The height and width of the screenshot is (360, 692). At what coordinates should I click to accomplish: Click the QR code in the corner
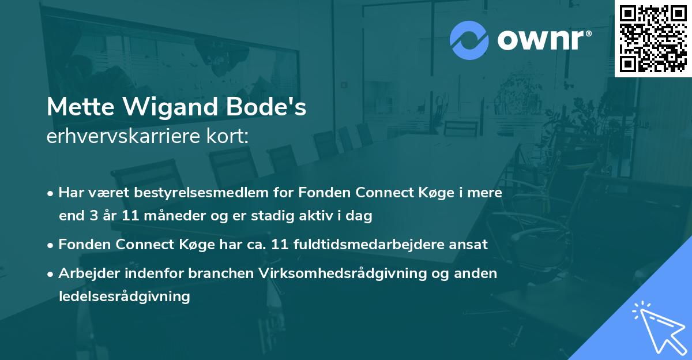click(x=653, y=38)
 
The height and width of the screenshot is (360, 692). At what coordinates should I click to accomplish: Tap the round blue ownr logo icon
click(x=469, y=40)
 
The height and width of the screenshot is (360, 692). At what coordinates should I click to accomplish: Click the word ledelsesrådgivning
click(x=124, y=297)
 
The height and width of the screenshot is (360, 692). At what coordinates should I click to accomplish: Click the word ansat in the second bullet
click(x=472, y=245)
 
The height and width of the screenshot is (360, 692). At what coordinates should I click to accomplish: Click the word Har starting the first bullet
click(x=69, y=193)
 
